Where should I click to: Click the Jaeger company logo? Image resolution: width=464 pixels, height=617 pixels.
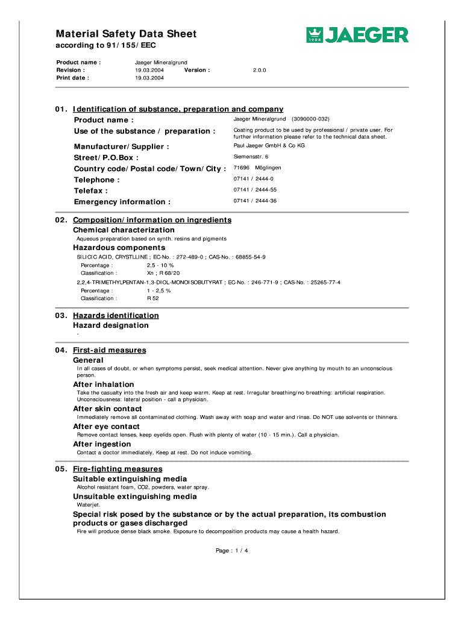point(357,36)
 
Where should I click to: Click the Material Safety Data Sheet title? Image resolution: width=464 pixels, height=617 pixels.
point(126,34)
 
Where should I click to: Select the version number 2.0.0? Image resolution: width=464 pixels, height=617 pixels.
point(260,70)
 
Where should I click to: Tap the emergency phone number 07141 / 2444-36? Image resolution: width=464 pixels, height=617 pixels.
point(255,201)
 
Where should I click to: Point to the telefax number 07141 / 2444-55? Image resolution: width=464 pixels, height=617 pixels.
point(255,190)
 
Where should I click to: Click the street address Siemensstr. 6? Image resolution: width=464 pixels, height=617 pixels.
point(251,157)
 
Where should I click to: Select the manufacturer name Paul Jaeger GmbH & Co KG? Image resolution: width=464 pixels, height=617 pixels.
point(269,146)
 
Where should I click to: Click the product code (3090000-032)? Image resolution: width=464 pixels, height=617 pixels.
point(310,119)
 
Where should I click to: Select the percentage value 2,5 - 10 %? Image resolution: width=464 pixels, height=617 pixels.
point(160,265)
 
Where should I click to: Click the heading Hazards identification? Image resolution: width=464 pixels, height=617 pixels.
point(116,316)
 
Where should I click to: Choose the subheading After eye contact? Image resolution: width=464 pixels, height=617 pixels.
point(106,427)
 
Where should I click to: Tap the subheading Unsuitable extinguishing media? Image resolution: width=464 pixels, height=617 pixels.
point(135,496)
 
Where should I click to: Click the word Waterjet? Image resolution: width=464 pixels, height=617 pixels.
point(89,505)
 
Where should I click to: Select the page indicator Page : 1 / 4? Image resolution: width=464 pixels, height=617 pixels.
point(232,551)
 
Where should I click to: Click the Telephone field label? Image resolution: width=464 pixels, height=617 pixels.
point(96,180)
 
